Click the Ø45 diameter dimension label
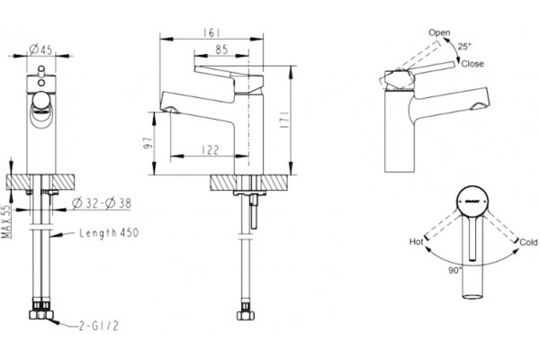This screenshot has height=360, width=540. (x=40, y=49)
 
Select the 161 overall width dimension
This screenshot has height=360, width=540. (x=211, y=32)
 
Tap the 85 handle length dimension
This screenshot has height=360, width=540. (x=221, y=49)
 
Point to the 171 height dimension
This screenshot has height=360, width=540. (x=284, y=121)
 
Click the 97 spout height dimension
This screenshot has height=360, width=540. (x=148, y=142)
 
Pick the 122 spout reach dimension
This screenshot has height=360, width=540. (x=210, y=150)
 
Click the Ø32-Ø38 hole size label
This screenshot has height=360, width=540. (x=102, y=203)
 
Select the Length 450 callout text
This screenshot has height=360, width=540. (x=109, y=233)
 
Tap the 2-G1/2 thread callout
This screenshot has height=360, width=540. (x=99, y=326)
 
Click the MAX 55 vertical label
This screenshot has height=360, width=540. (x=6, y=222)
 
